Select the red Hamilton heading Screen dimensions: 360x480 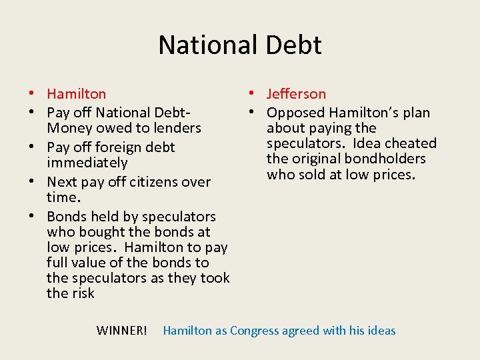[x=76, y=94]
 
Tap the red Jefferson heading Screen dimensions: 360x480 [x=296, y=94]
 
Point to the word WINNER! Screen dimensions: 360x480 [x=121, y=331]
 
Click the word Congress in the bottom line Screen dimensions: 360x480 [x=256, y=331]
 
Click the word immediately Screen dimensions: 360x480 [x=87, y=163]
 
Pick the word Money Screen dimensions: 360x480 [x=68, y=128]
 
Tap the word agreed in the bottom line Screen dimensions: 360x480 [x=303, y=331]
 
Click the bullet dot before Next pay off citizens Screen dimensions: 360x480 [x=31, y=182]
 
